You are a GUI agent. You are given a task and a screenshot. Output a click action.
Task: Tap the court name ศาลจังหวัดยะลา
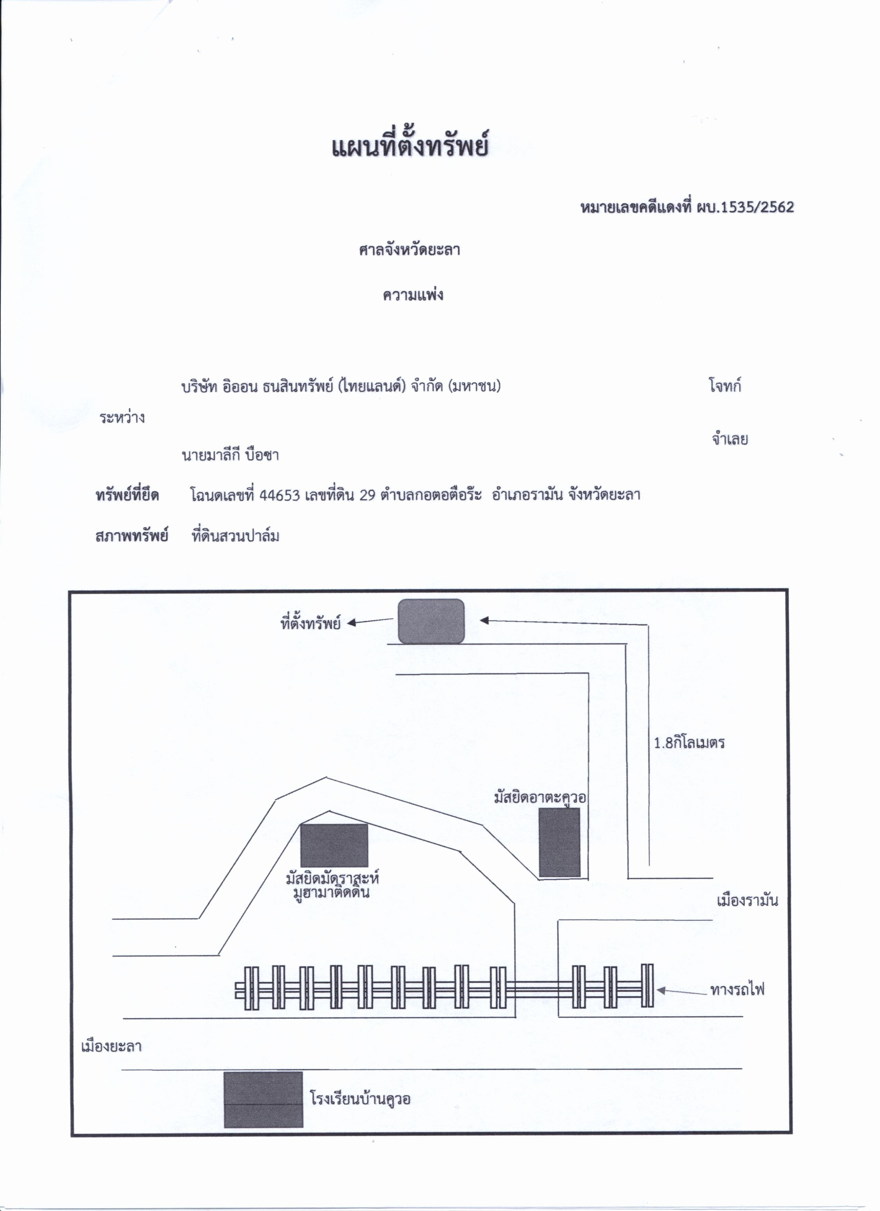409,250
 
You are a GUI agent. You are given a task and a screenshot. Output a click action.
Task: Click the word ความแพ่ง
412,295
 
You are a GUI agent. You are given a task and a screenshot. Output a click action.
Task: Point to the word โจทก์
725,385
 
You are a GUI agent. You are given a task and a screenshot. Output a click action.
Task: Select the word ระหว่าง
122,417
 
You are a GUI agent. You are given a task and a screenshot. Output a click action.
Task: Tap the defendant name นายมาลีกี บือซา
230,455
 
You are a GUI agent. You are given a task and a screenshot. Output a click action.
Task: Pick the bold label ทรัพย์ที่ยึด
127,495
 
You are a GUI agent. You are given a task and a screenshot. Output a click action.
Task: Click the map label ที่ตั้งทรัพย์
310,623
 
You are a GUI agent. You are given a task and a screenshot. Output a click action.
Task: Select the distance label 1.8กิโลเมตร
689,743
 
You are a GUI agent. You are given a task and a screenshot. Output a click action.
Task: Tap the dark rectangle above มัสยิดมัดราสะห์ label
334,845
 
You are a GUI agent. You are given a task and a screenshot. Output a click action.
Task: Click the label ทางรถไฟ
737,989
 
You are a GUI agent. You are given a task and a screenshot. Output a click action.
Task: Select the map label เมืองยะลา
111,1046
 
